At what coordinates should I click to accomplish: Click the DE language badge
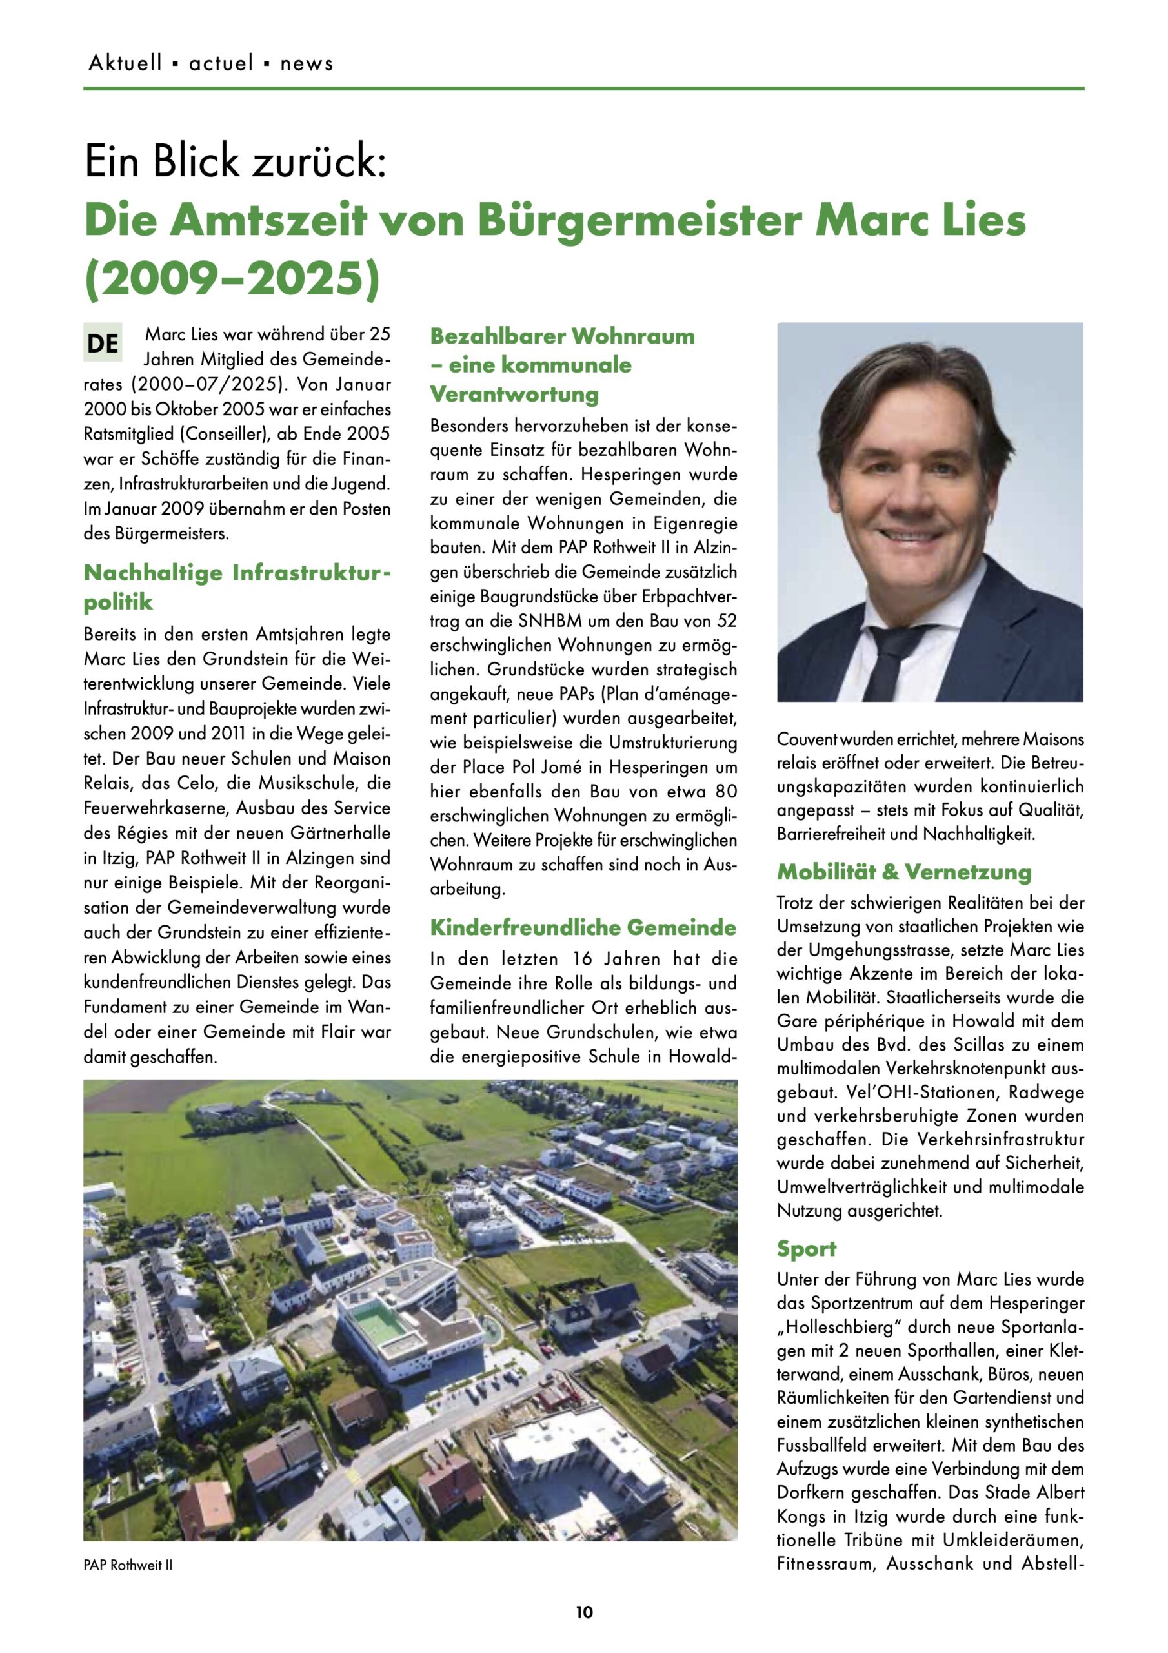[102, 343]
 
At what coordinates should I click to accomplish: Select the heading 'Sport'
[806, 1248]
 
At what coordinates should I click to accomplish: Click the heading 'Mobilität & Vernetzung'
[904, 872]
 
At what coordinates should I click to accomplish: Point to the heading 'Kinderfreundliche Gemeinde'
[583, 927]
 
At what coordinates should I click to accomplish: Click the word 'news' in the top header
[307, 63]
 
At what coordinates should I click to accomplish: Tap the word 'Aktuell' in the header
[125, 63]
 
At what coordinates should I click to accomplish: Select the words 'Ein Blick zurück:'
[236, 161]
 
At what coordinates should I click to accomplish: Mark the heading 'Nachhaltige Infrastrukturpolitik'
[237, 587]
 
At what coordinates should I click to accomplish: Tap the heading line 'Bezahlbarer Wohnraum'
[562, 336]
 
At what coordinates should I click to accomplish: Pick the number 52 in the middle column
[726, 621]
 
